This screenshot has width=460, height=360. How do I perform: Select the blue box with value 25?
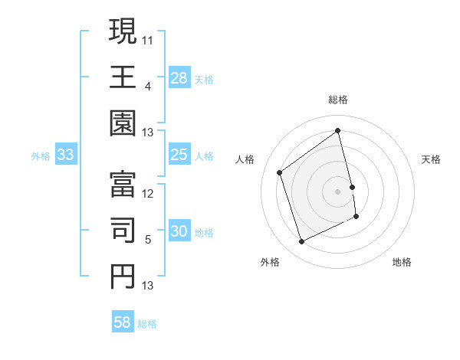point(179,155)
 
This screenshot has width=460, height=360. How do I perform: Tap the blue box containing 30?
point(179,231)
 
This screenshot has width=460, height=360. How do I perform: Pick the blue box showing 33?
point(66,155)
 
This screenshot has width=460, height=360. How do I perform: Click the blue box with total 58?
point(123,322)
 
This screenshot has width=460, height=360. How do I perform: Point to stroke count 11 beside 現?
point(148,38)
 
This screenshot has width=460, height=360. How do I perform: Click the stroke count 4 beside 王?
point(148,85)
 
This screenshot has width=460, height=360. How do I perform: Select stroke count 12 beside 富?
point(148,193)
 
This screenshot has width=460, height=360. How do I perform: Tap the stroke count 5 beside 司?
point(148,240)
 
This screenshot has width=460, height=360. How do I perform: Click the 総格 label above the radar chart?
point(338,100)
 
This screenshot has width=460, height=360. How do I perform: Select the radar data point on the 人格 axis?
point(280,172)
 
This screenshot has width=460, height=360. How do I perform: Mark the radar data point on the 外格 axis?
point(301,242)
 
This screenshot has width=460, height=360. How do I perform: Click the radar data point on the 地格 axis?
point(357,218)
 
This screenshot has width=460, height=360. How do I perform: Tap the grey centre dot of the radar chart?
point(338,191)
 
